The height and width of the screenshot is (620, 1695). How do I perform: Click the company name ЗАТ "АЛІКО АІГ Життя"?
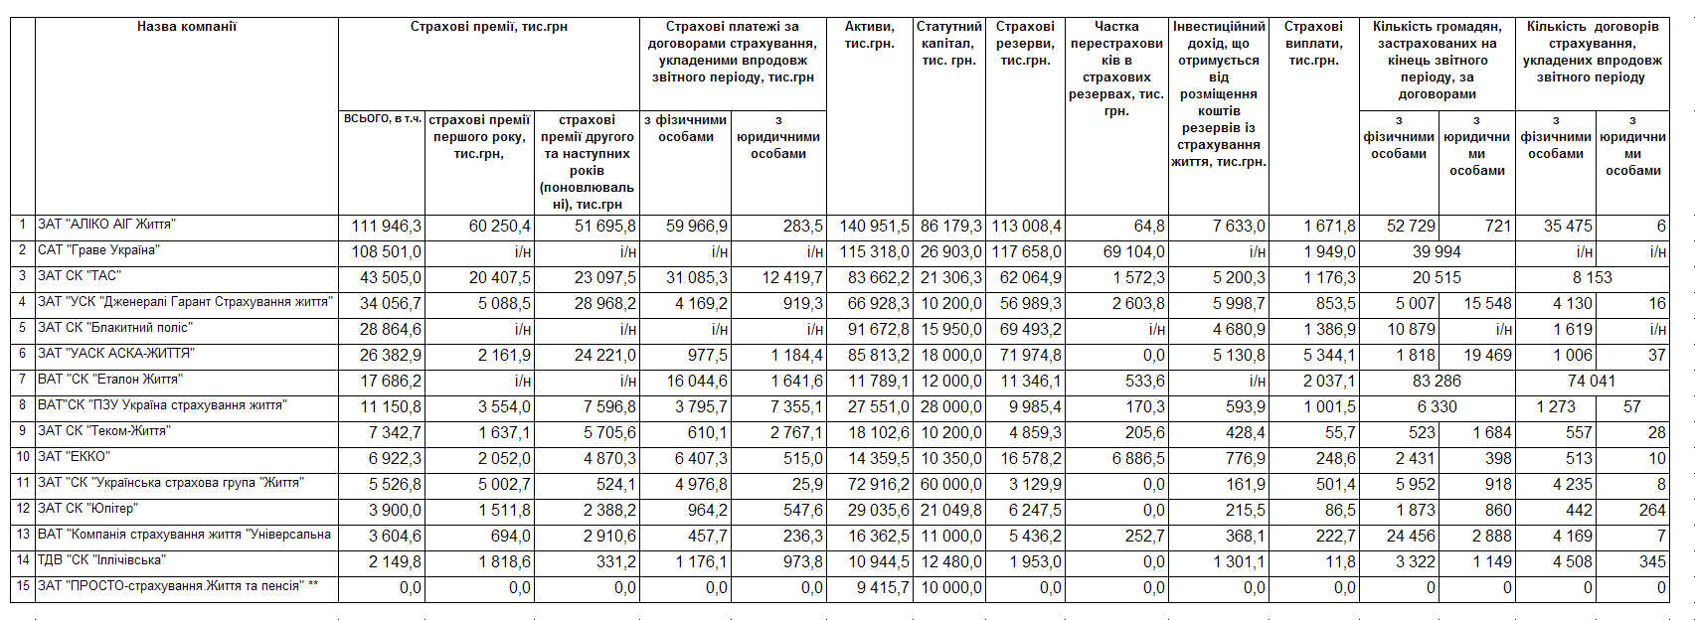click(106, 225)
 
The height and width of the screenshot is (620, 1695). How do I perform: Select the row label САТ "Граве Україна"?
click(98, 250)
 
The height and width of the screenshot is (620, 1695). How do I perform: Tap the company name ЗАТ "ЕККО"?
click(74, 457)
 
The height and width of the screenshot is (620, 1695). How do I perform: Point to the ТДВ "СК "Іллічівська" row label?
click(101, 560)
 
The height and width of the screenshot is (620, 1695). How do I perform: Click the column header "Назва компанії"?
click(187, 27)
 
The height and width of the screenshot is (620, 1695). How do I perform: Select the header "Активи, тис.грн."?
click(869, 35)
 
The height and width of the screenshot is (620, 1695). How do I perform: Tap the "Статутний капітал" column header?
click(948, 44)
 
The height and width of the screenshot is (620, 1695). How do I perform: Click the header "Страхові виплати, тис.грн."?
click(1313, 44)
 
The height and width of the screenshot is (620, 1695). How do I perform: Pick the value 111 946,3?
click(386, 227)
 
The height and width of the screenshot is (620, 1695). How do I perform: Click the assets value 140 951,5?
click(874, 227)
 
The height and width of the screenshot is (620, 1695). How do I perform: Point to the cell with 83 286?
click(1437, 382)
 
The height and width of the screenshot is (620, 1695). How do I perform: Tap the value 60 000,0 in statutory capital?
click(951, 485)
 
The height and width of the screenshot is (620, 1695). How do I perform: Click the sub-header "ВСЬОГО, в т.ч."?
click(382, 119)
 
